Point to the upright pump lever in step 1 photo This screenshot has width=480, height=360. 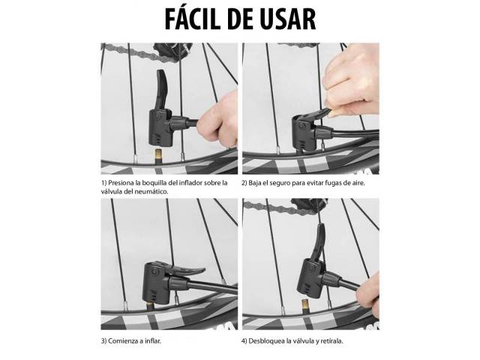161,89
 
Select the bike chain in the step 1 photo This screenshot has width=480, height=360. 139,51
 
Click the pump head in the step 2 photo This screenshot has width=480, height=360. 307,131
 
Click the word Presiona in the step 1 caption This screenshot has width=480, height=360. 121,183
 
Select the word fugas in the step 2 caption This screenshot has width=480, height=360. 324,183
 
